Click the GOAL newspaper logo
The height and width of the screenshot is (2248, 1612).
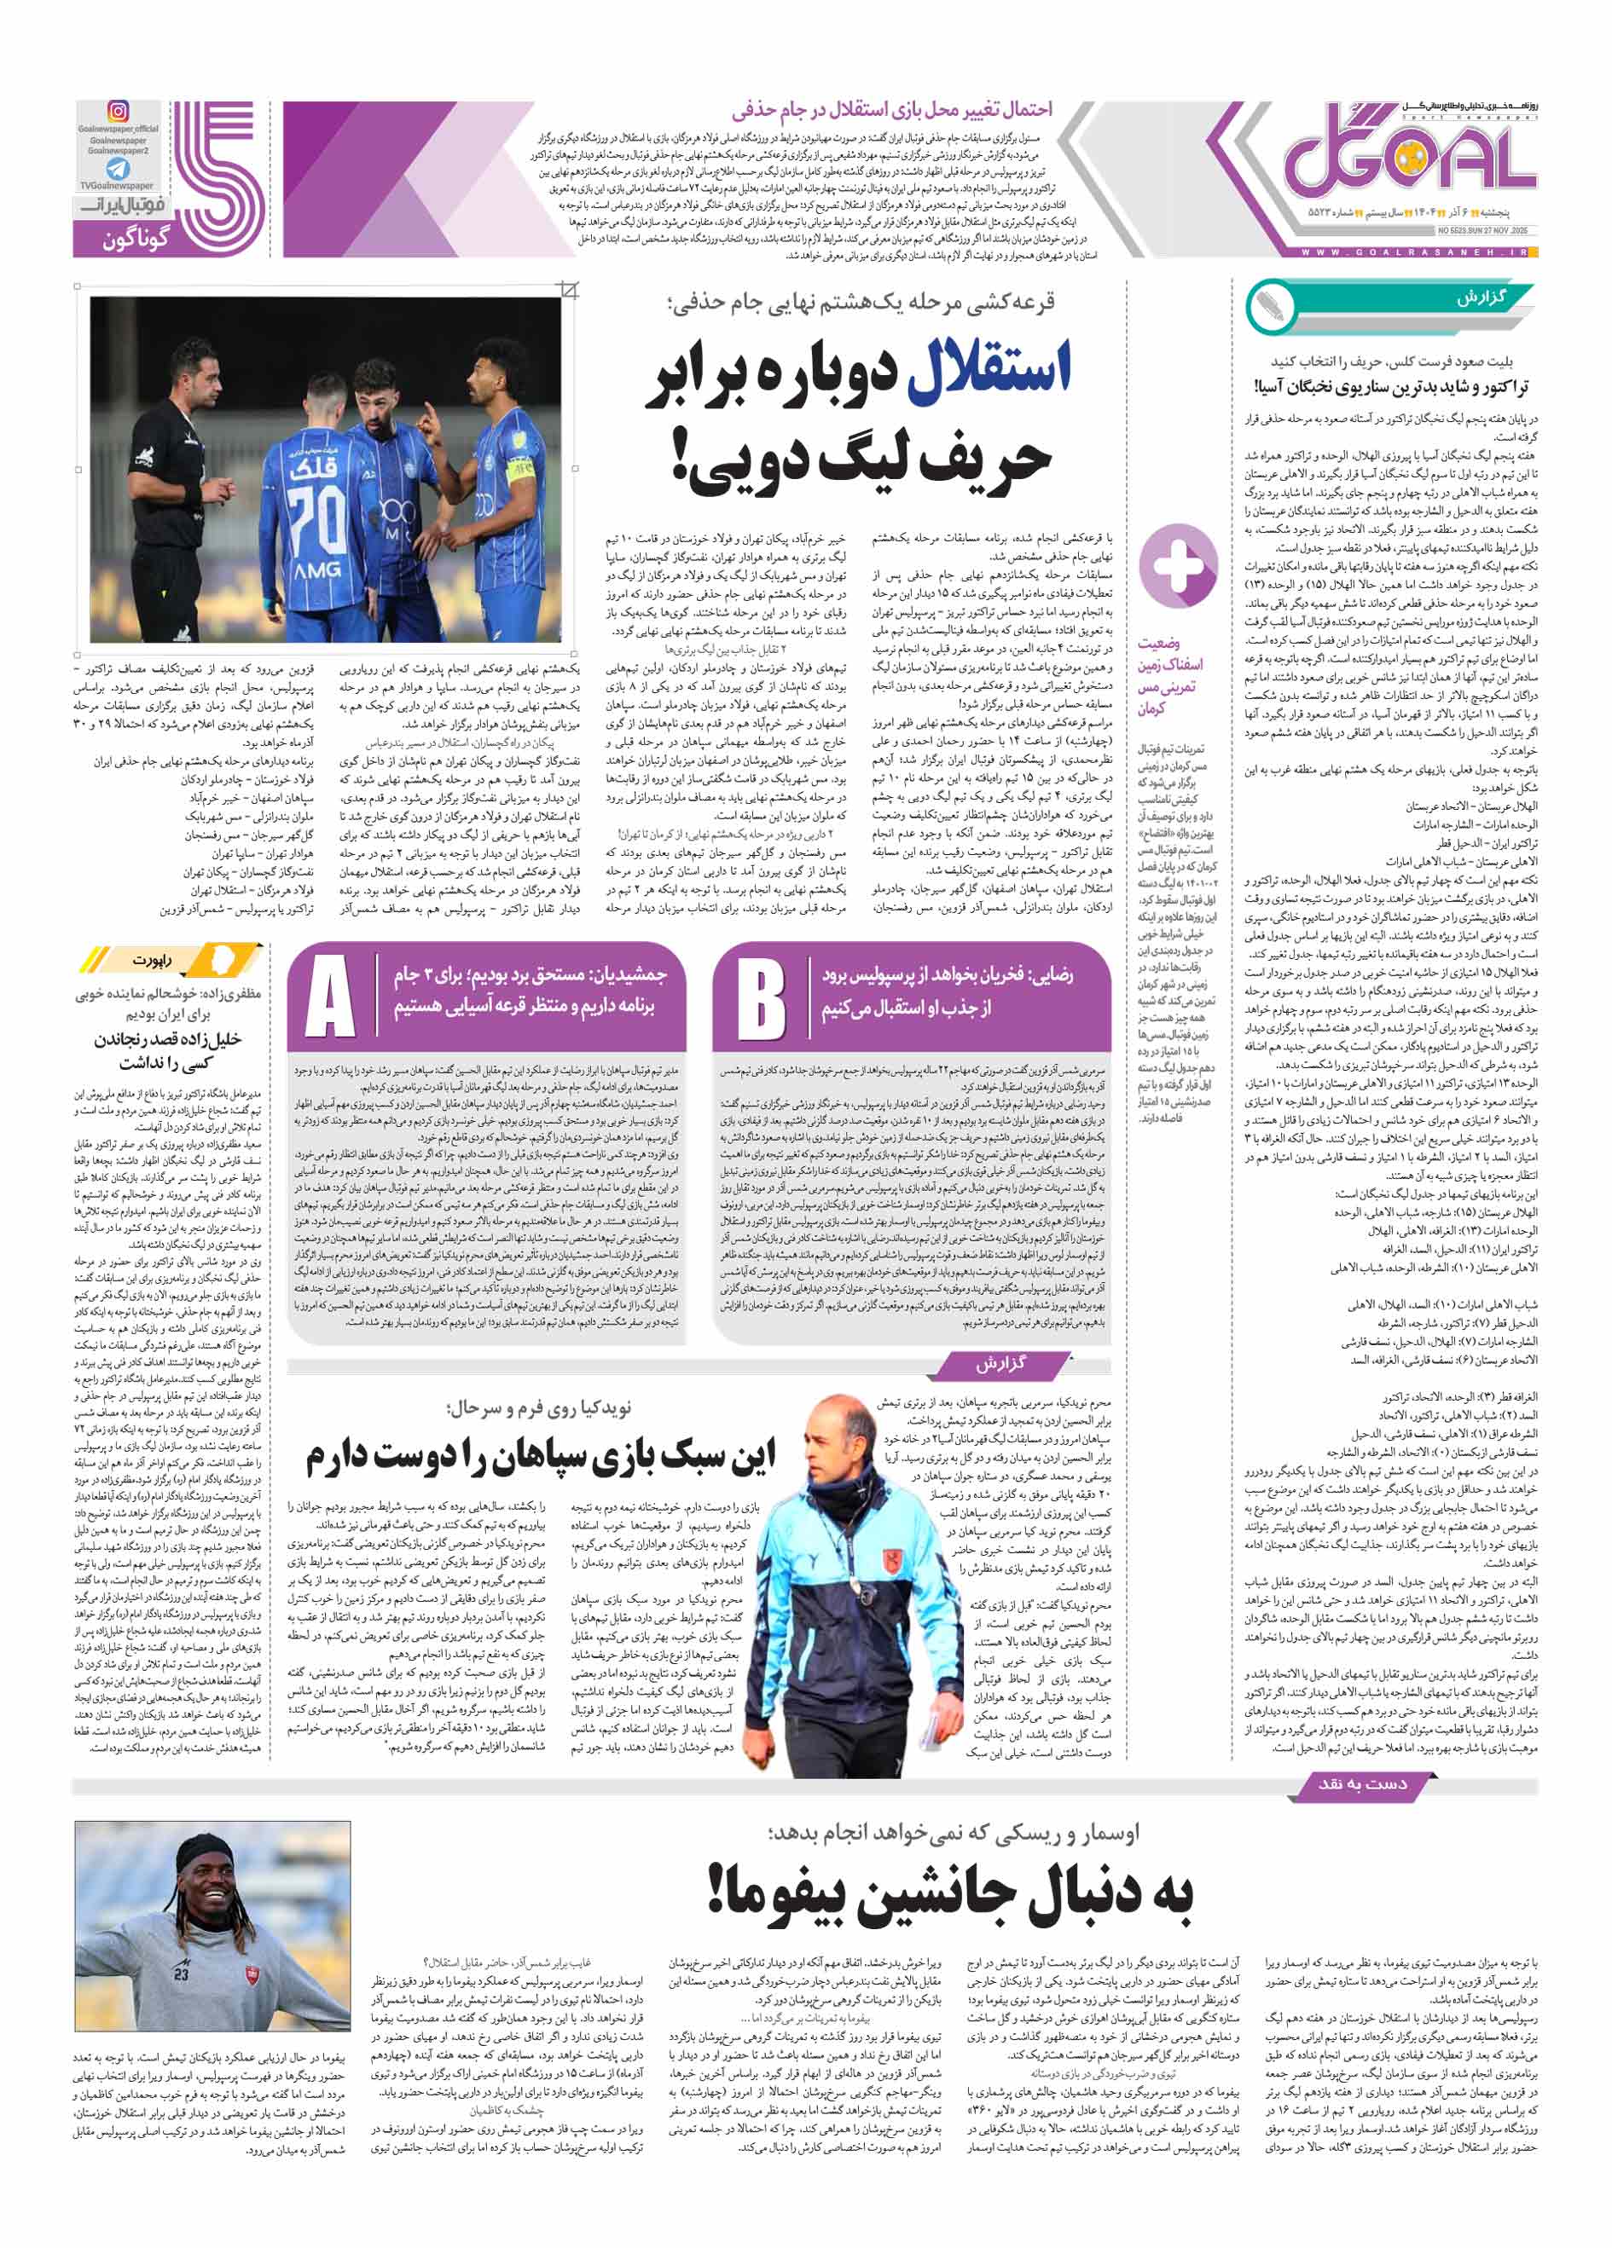tap(1408, 158)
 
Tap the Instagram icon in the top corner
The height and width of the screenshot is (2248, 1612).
tap(118, 112)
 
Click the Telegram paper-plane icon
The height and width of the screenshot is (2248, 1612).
tap(118, 169)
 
